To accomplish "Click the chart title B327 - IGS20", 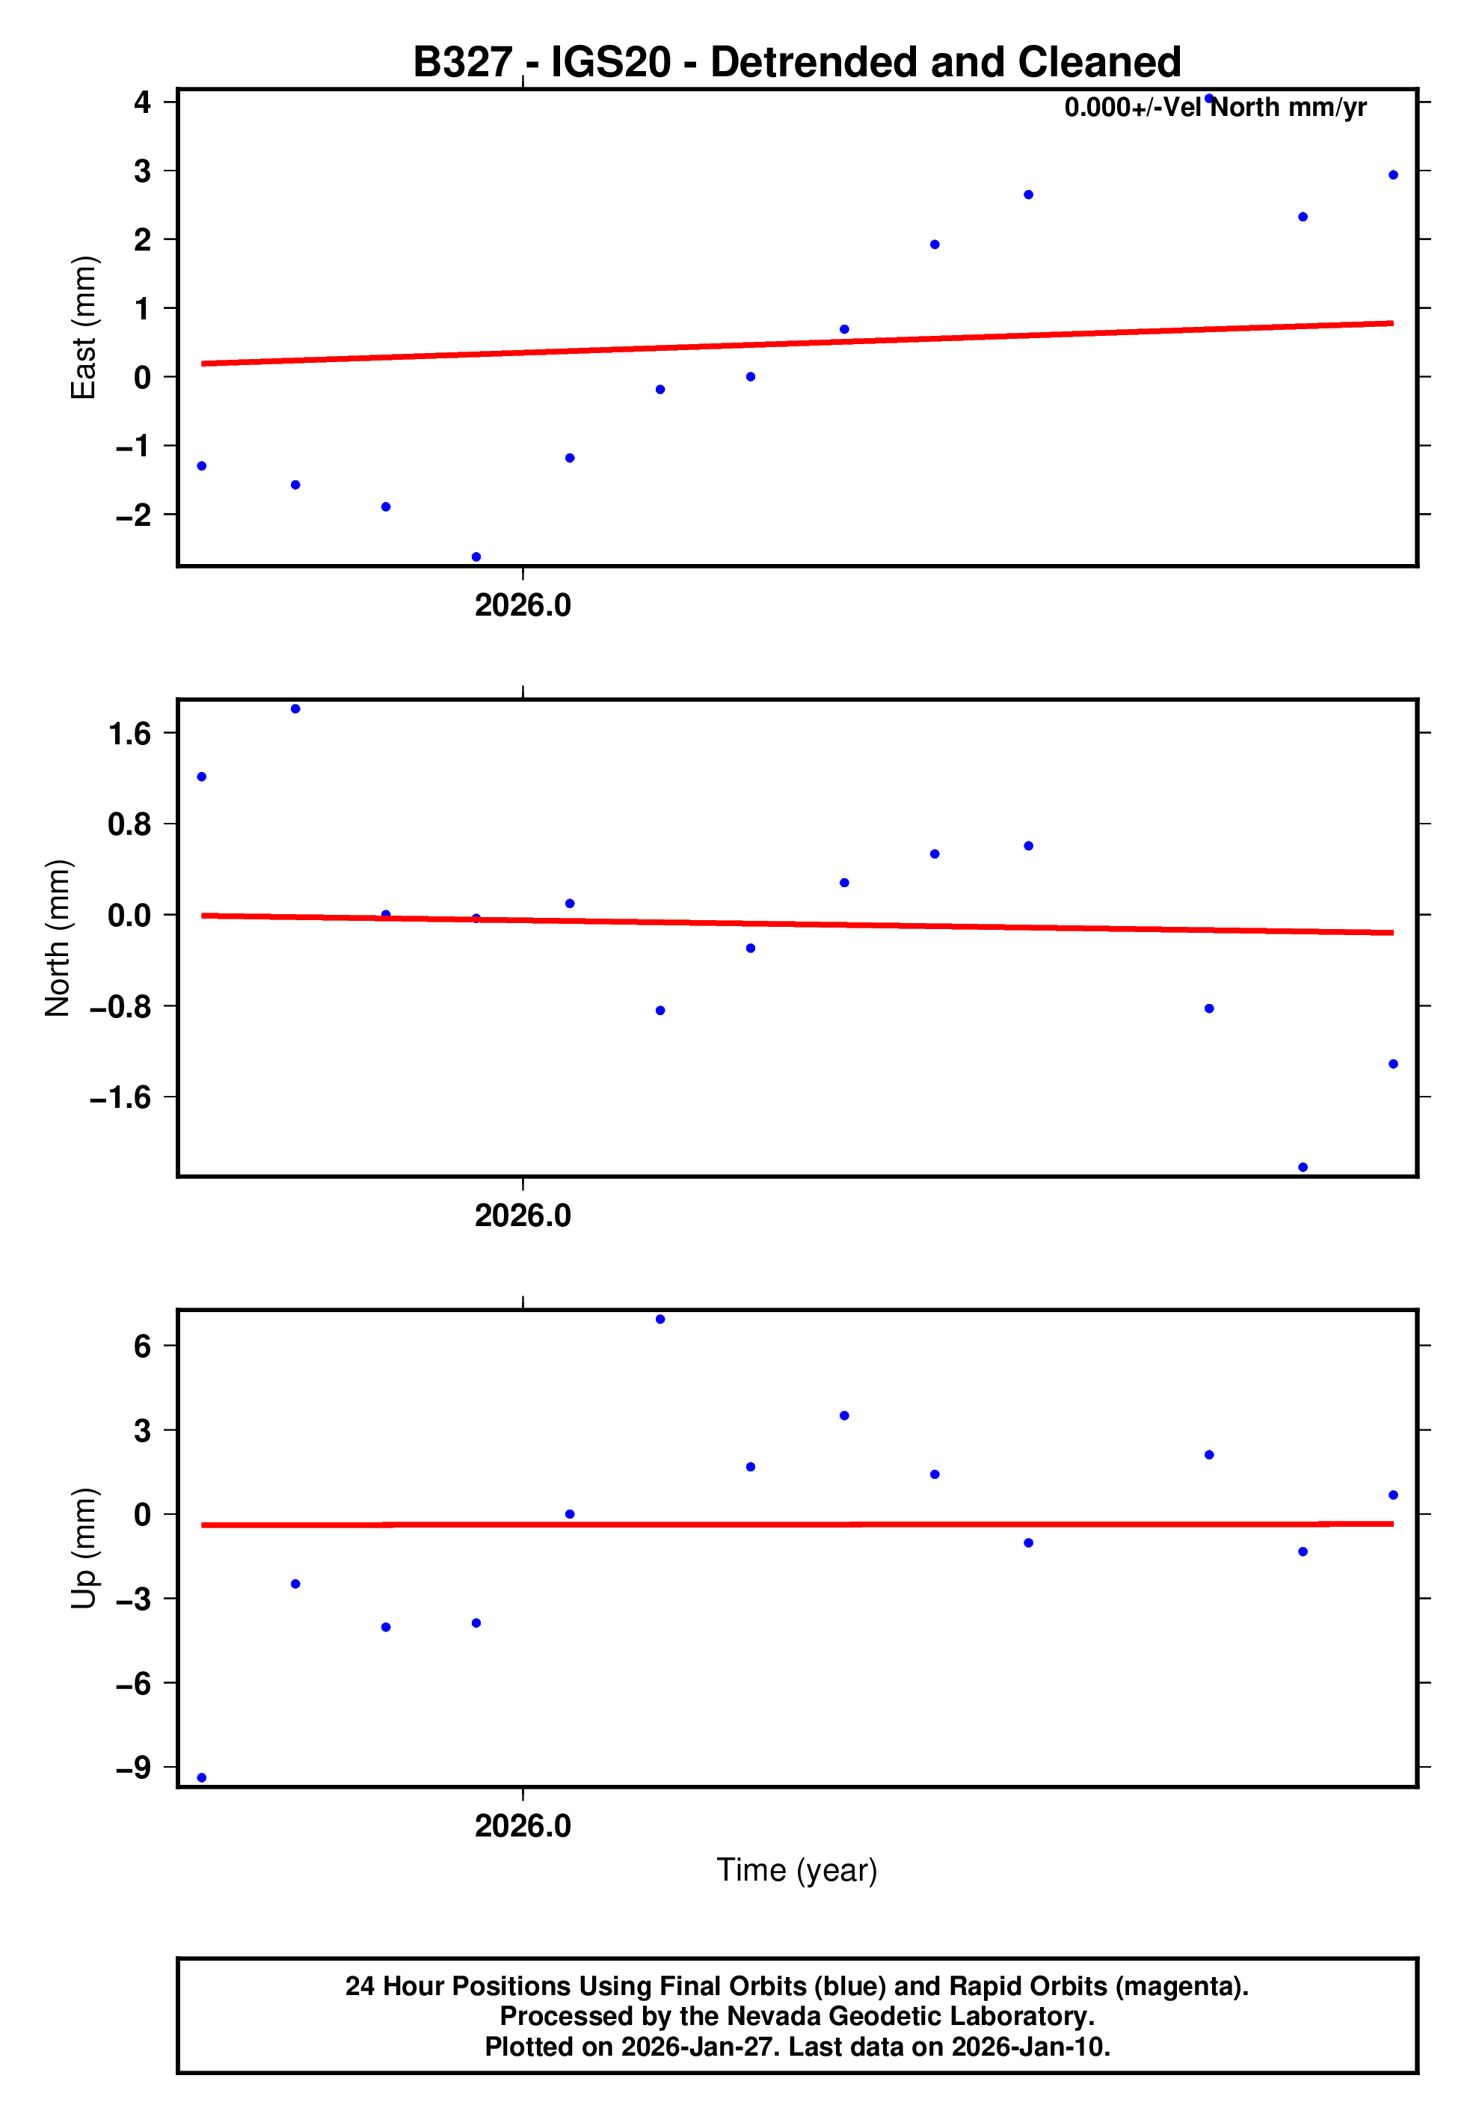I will coord(796,63).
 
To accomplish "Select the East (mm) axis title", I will coord(83,328).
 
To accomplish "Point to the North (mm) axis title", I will coord(58,938).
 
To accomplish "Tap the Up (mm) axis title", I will coord(83,1548).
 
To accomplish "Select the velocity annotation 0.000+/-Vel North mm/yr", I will coord(1215,108).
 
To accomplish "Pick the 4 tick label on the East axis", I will coord(142,102).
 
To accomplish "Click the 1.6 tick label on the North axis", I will coord(129,734).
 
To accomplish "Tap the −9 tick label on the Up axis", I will coord(133,1767).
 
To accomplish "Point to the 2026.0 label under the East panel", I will coord(523,606).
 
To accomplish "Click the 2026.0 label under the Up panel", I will coord(523,1825).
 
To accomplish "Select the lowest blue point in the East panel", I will coord(476,557).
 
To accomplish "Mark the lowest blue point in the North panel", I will coord(1303,1167).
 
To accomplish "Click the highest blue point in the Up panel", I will coord(660,1320).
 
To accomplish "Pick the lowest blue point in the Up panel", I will coord(202,1777).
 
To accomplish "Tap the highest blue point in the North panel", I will coord(295,709).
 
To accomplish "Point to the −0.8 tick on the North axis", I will coord(120,1006).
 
